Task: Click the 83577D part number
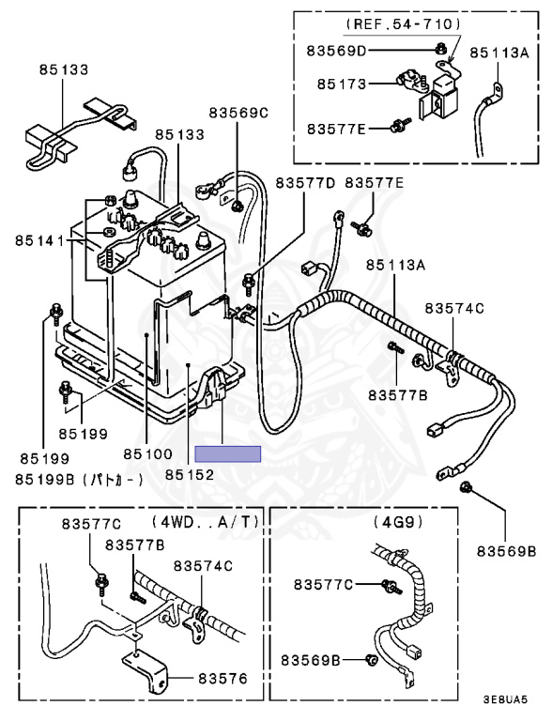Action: pyautogui.click(x=305, y=181)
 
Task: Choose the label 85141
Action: pyautogui.click(x=39, y=241)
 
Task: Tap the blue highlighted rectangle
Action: pyautogui.click(x=227, y=453)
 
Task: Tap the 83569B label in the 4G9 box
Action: pyautogui.click(x=324, y=661)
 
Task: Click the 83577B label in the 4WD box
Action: pyautogui.click(x=135, y=545)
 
